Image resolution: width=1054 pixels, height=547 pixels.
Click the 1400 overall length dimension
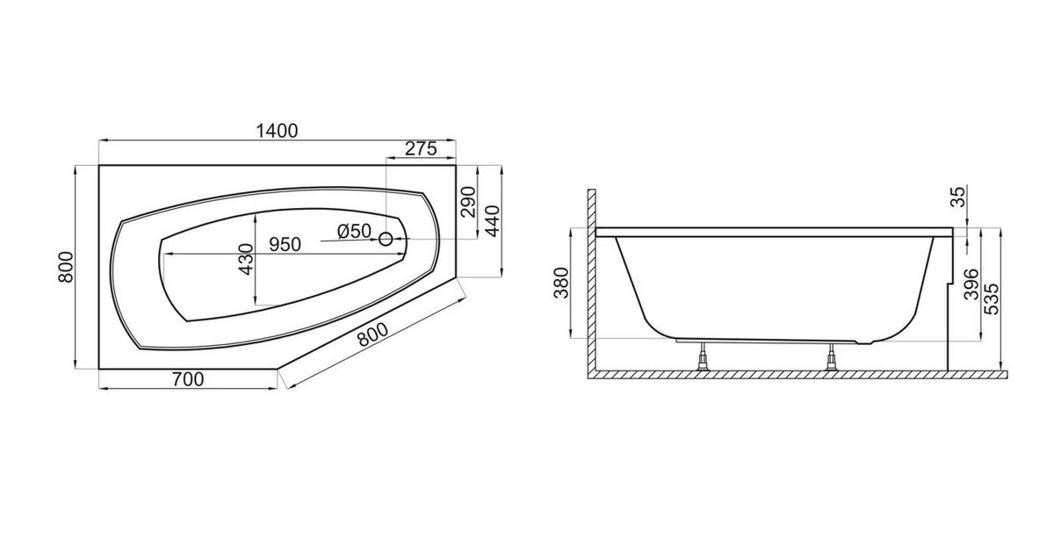coord(277,131)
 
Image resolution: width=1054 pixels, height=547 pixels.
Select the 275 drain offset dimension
coord(421,148)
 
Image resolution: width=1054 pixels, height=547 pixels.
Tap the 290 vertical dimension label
coord(468,202)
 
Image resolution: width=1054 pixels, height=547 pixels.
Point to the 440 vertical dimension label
coord(492,221)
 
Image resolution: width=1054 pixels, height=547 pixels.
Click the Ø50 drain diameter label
coord(354,231)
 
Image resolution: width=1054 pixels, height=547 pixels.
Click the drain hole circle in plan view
coord(386,240)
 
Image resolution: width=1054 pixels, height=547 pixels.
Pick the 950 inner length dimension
coord(285,245)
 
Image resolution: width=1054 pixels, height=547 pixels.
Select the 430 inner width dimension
coord(246,259)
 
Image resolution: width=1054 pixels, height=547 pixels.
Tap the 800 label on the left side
coord(66,267)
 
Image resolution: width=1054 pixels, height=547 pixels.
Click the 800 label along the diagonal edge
coord(372,335)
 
